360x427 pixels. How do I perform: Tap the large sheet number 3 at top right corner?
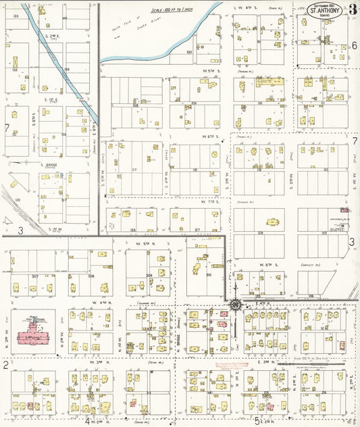coord(353,9)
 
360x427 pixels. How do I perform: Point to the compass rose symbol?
coord(235,305)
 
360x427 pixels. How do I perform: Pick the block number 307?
coord(33,276)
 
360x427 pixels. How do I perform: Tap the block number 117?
coord(135,169)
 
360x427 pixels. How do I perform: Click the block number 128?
coord(259,232)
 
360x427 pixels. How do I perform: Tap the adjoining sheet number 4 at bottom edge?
coord(88,421)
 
